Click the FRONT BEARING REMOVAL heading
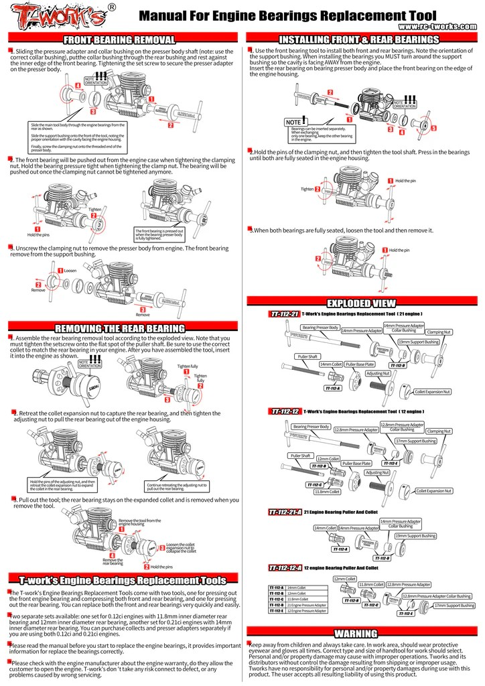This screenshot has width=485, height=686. [119, 40]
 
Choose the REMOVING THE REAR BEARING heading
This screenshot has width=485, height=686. [120, 328]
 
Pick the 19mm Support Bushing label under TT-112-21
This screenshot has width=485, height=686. [418, 342]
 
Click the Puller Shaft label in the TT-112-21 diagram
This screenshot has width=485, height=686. [308, 357]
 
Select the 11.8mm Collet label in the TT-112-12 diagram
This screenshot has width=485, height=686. [327, 491]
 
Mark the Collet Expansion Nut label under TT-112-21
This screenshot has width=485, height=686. [433, 391]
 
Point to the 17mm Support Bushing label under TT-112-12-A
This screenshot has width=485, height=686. [454, 605]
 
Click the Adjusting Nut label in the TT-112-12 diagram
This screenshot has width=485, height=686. [377, 472]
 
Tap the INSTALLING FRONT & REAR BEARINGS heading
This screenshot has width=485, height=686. [358, 40]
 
